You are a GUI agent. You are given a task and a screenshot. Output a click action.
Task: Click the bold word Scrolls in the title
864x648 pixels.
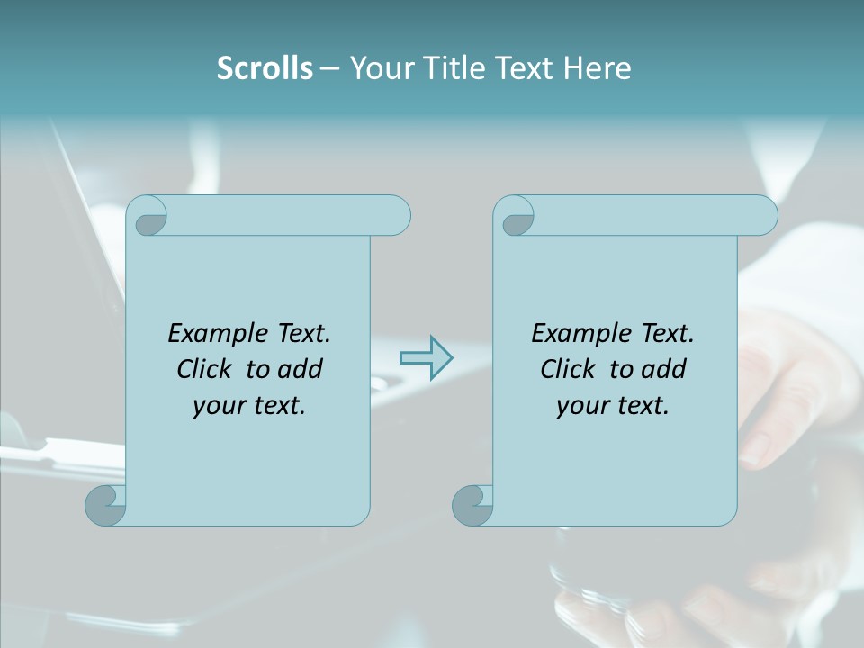[265, 68]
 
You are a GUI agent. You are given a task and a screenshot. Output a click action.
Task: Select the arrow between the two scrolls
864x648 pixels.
[426, 358]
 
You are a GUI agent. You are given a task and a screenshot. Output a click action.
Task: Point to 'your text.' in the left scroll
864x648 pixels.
[249, 406]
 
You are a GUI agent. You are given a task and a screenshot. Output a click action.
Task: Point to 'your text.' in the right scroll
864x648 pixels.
[613, 406]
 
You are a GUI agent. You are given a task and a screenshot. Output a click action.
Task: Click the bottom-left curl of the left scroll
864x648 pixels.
[104, 506]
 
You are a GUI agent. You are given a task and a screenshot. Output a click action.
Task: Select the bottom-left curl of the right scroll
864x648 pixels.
[472, 506]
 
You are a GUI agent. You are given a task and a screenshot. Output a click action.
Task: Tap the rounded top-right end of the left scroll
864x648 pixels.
[396, 216]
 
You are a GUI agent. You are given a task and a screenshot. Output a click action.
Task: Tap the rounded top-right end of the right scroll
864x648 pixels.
[763, 216]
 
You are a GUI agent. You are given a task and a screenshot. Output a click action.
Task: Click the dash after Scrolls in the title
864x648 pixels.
[329, 68]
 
